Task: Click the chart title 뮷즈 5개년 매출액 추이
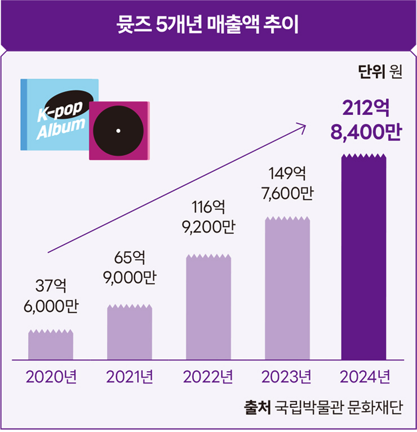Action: click(x=208, y=25)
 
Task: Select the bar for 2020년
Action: click(x=51, y=345)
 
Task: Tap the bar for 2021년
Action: click(x=130, y=332)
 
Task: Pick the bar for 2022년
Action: click(x=208, y=308)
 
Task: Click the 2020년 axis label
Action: click(x=51, y=376)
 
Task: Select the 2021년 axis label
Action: click(x=130, y=376)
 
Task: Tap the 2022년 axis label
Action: click(x=208, y=376)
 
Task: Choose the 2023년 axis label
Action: click(x=287, y=376)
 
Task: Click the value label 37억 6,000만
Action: click(x=51, y=296)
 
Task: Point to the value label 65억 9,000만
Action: click(x=130, y=268)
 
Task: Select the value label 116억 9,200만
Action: click(x=208, y=217)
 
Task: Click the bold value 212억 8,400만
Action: click(x=365, y=119)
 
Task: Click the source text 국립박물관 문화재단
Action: click(x=338, y=407)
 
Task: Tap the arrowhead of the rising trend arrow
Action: click(x=304, y=127)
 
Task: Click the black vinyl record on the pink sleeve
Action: click(x=118, y=130)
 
